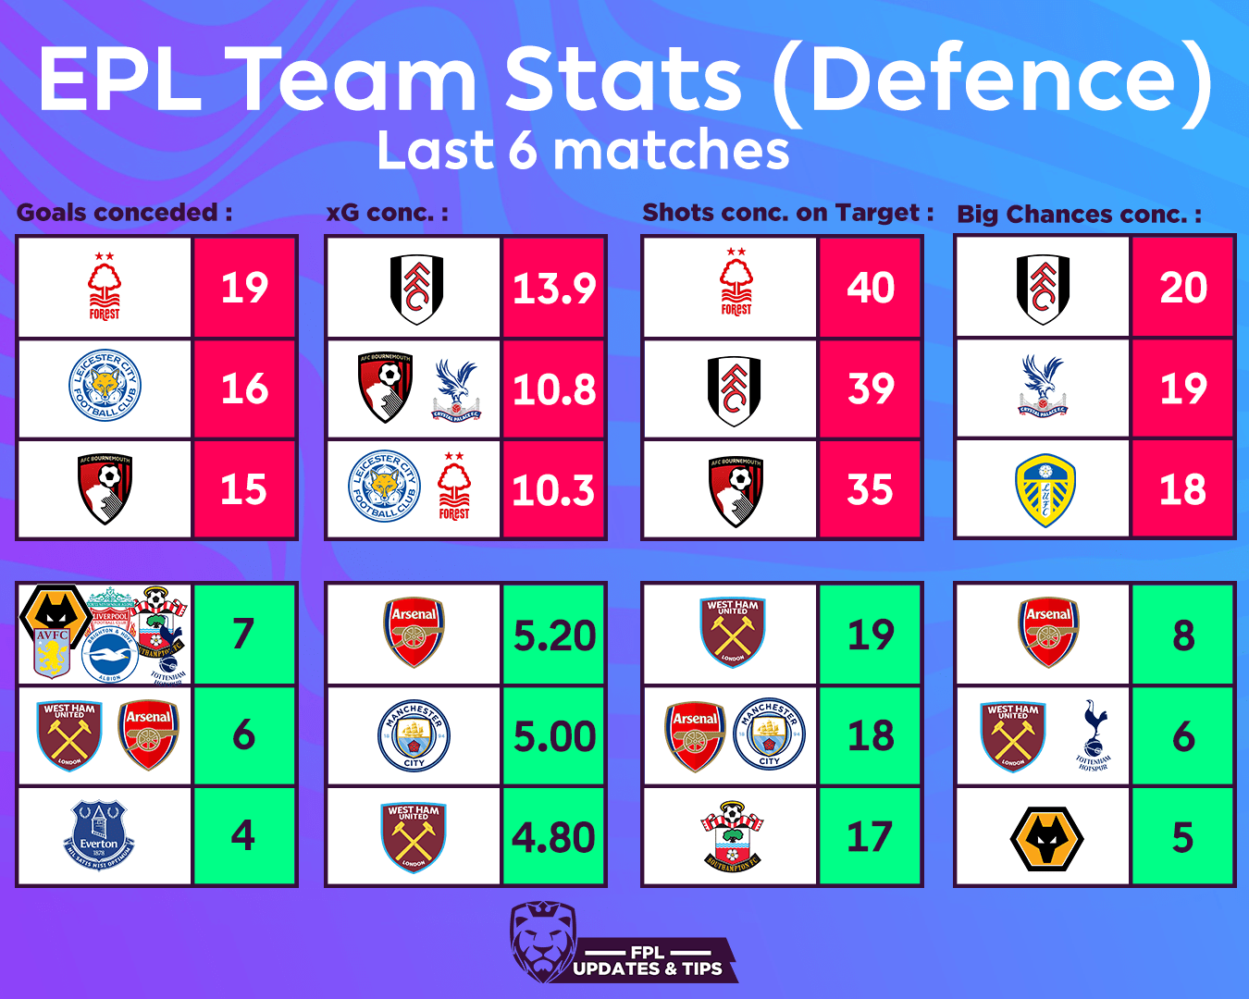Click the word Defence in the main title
(x=993, y=80)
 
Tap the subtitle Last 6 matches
(x=583, y=151)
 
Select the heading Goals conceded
(x=124, y=213)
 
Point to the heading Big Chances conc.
(x=1079, y=215)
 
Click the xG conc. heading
(x=387, y=213)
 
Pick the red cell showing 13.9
(x=553, y=288)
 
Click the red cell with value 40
(x=870, y=288)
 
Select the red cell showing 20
(x=1182, y=288)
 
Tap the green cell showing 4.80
(x=553, y=837)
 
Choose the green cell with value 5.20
(x=553, y=635)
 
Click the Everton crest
(x=99, y=835)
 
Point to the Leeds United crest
(x=1045, y=490)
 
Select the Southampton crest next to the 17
(x=733, y=836)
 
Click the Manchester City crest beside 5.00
(x=414, y=735)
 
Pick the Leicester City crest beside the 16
(x=105, y=388)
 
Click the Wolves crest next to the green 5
(x=1046, y=838)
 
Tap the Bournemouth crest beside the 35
(x=736, y=490)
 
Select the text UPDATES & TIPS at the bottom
(x=648, y=968)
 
